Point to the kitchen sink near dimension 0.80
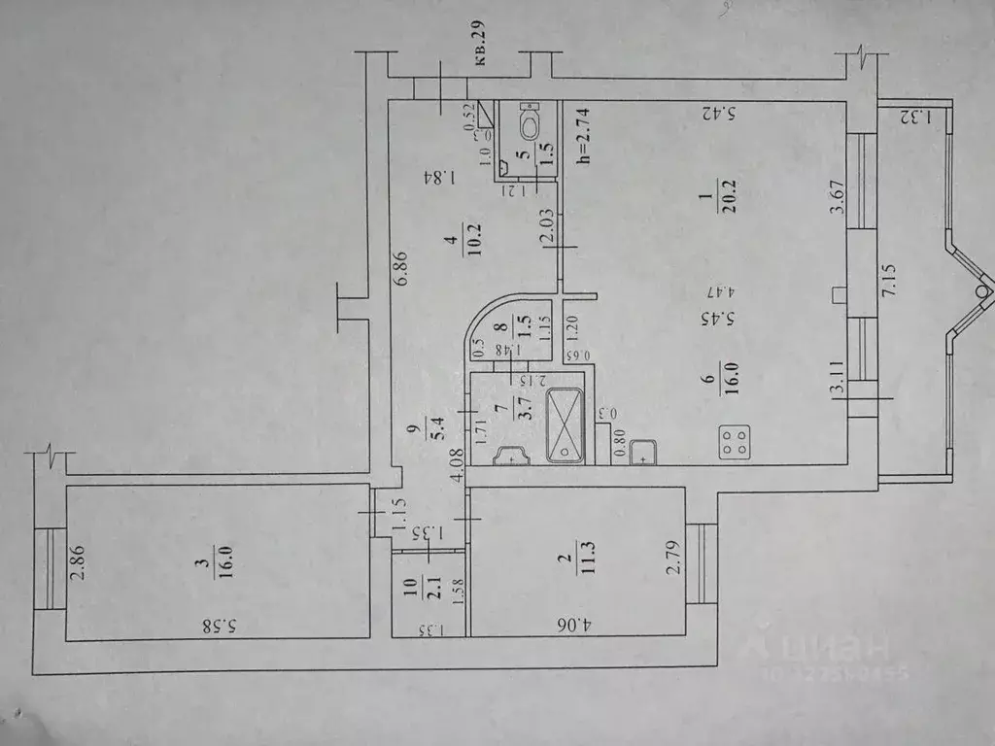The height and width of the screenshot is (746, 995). [x=643, y=452]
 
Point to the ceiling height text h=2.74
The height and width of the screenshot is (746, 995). [x=583, y=136]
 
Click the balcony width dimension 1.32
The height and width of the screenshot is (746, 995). [x=912, y=119]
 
